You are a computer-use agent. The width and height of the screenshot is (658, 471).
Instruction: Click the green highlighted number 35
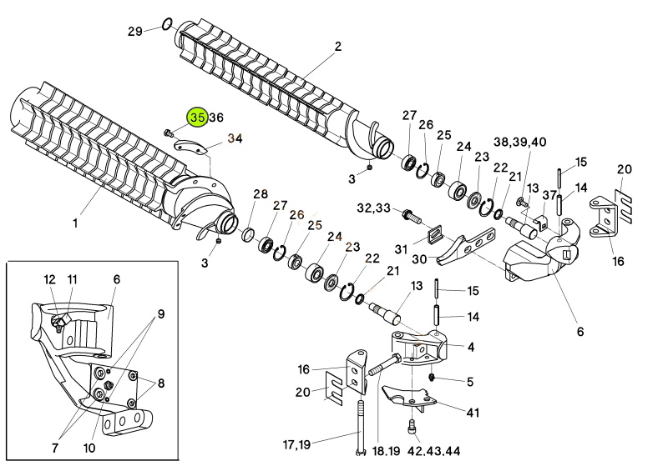pyautogui.click(x=198, y=118)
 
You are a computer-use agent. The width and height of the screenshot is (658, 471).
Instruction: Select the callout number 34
pyautogui.click(x=235, y=138)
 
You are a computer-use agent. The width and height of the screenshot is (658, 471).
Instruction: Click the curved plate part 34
pyautogui.click(x=190, y=147)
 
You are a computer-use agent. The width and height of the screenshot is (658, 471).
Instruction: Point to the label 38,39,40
pyautogui.click(x=520, y=142)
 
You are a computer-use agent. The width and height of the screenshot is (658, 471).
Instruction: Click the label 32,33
pyautogui.click(x=373, y=208)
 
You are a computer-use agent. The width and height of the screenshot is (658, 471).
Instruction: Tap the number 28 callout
pyautogui.click(x=261, y=194)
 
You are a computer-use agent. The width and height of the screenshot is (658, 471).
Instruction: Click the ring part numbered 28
pyautogui.click(x=248, y=235)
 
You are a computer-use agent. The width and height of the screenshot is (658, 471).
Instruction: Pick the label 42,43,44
pyautogui.click(x=434, y=451)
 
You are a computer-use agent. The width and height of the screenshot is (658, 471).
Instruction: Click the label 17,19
pyautogui.click(x=296, y=444)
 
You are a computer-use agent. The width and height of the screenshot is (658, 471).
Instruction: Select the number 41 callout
pyautogui.click(x=473, y=413)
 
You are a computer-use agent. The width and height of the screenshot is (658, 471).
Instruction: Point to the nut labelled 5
pyautogui.click(x=433, y=378)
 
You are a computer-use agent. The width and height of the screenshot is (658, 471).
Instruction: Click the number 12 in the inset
pyautogui.click(x=49, y=279)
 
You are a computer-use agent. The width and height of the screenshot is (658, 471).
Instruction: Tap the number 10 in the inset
pyautogui.click(x=89, y=448)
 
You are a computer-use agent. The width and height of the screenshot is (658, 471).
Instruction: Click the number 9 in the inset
pyautogui.click(x=161, y=313)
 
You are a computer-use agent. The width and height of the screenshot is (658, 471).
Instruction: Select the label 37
pyautogui.click(x=549, y=195)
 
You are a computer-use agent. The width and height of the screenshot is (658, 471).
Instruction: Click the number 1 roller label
pyautogui.click(x=75, y=223)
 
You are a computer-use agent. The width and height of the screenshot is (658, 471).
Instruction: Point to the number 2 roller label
pyautogui.click(x=338, y=46)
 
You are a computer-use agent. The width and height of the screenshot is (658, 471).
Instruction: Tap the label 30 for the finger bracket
pyautogui.click(x=419, y=259)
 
